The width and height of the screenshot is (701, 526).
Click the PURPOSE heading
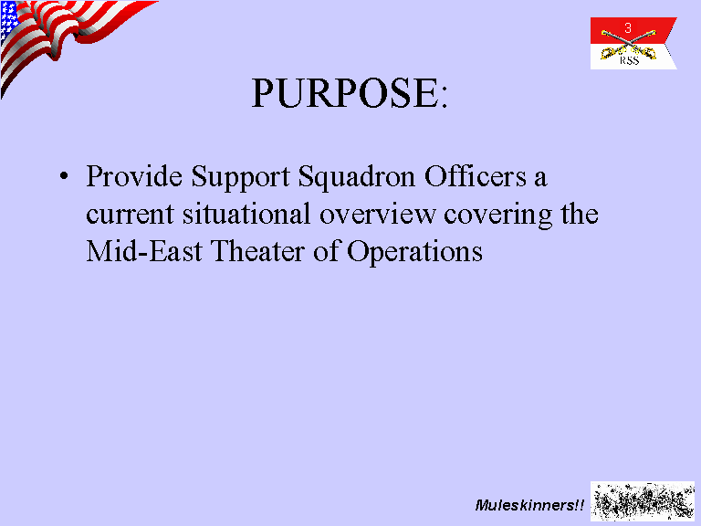(x=350, y=93)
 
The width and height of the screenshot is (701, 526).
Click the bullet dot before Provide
(x=65, y=175)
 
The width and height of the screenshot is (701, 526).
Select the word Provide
(x=134, y=175)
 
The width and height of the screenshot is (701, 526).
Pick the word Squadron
(x=357, y=178)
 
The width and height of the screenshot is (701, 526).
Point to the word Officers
(x=476, y=175)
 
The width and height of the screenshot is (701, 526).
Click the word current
(x=130, y=215)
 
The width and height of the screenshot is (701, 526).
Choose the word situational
(x=246, y=213)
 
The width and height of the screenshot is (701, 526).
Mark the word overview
(x=377, y=214)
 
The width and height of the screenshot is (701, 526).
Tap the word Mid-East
(x=144, y=250)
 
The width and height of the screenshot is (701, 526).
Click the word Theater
(x=257, y=250)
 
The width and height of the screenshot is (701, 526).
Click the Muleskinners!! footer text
(x=529, y=505)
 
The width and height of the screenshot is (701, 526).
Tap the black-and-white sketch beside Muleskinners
(x=643, y=501)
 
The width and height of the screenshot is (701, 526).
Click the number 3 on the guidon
(x=628, y=27)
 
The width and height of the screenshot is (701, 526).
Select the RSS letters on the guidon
(x=629, y=61)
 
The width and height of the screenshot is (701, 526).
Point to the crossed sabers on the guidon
(x=628, y=45)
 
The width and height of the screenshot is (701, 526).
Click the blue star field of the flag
(x=9, y=20)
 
